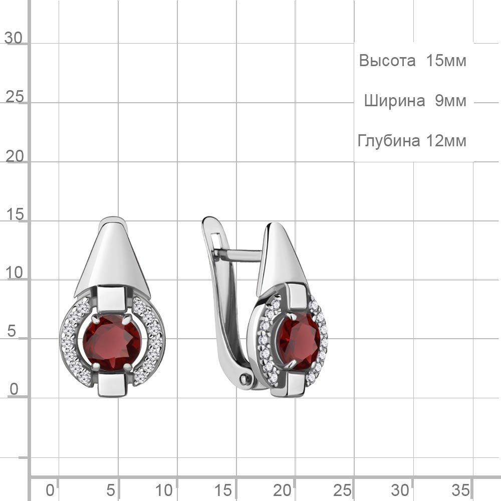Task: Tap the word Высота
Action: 387,61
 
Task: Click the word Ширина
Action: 395,101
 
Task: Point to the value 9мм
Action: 450,101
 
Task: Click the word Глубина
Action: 384,141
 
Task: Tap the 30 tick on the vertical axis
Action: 14,38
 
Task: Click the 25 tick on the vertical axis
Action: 15,97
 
